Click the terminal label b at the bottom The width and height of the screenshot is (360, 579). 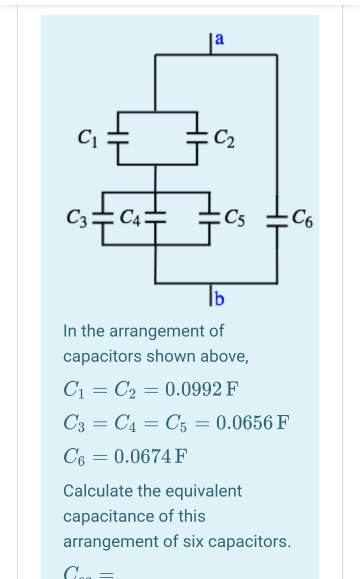(x=219, y=298)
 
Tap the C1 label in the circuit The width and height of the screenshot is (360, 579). (x=89, y=136)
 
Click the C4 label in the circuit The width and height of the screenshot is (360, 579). (x=130, y=214)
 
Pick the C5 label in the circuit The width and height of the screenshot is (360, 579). (x=236, y=215)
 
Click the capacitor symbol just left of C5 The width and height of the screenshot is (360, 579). (x=210, y=215)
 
